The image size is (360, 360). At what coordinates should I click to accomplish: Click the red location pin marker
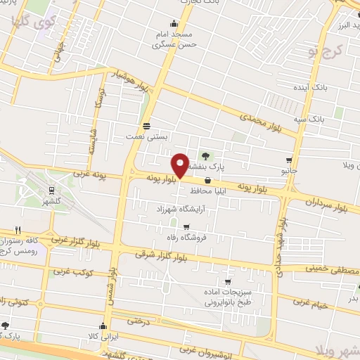[180, 165]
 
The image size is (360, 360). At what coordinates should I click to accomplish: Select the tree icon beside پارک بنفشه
[205, 155]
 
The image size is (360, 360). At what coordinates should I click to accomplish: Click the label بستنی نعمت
[146, 137]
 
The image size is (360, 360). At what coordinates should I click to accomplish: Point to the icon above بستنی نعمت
[146, 127]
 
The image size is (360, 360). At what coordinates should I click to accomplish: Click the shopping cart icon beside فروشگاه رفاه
[186, 226]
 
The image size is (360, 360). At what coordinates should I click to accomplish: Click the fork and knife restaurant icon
[18, 230]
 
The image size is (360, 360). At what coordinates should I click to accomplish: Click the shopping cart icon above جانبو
[289, 160]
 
